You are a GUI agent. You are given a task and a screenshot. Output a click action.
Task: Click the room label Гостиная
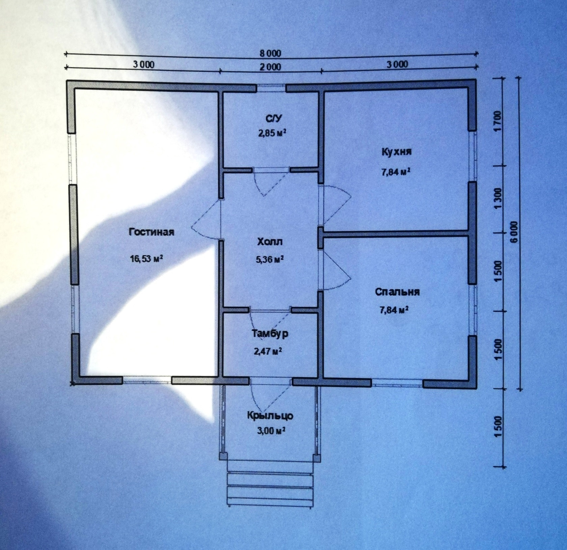[x=151, y=232]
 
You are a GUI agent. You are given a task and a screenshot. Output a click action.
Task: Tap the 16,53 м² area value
[x=147, y=259]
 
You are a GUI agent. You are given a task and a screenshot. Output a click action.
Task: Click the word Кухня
[x=397, y=152]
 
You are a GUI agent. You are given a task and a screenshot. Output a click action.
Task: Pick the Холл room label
[x=270, y=242]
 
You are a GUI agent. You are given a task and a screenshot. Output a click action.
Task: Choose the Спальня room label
[x=398, y=292]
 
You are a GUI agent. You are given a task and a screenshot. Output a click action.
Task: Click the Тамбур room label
[x=270, y=334]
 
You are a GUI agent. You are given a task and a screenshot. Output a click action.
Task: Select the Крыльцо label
[x=270, y=415]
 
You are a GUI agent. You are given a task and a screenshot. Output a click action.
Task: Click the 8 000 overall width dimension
[x=270, y=53]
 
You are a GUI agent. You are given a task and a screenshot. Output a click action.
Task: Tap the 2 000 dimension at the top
[x=270, y=66]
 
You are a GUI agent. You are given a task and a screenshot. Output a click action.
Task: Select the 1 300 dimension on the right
[x=498, y=199]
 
